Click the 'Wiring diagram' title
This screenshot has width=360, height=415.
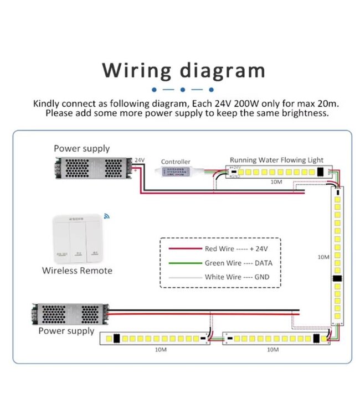pos(183,71)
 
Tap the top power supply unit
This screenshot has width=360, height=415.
pos(94,168)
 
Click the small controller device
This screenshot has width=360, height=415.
pos(177,172)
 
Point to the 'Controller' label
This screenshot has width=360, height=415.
pos(176,162)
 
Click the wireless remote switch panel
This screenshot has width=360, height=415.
pos(77,238)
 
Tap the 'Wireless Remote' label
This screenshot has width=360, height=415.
pos(77,271)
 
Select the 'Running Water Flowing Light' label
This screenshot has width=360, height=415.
pos(276,160)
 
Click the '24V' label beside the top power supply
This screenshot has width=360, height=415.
pos(140,160)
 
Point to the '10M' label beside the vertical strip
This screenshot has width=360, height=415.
pos(325,257)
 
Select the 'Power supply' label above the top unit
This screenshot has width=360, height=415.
pos(81,148)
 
